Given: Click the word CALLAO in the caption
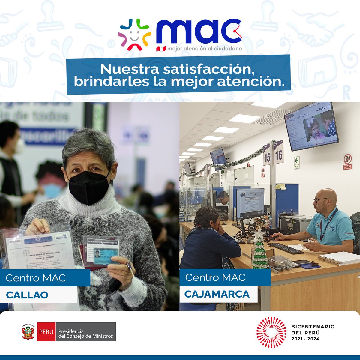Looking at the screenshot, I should click(27, 295).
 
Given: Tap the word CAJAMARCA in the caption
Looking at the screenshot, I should click(217, 294).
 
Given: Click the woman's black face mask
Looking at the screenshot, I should click(89, 187).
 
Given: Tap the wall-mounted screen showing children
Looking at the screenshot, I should click(311, 126).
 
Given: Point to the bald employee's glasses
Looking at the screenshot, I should click(320, 200).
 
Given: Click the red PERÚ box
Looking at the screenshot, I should click(46, 332).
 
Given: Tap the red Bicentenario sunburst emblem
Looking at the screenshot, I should click(270, 332).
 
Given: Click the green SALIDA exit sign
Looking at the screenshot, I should click(297, 163).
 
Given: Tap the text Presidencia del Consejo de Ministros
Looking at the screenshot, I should click(86, 334).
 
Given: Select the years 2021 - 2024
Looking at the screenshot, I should click(305, 339).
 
